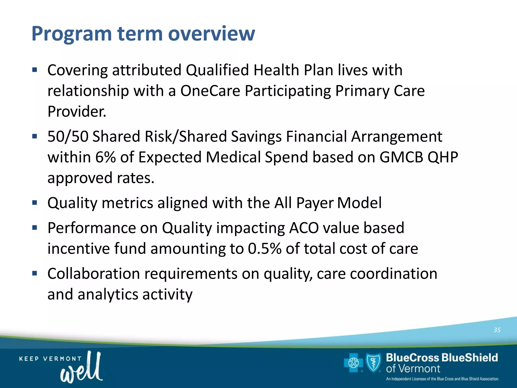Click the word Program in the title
71,34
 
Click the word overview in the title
212,34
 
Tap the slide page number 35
497,330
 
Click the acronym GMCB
401,157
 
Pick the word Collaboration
93,274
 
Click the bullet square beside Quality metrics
35,203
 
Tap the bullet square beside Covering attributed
35,70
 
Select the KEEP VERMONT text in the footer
50,359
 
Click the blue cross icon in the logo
353,363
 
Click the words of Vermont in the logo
413,369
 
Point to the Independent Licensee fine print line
442,379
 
